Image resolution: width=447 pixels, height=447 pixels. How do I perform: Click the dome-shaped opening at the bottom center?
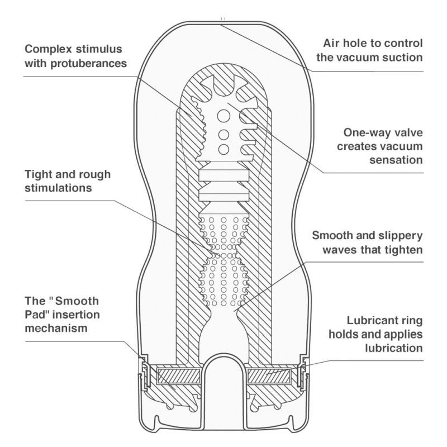click(x=223, y=386)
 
